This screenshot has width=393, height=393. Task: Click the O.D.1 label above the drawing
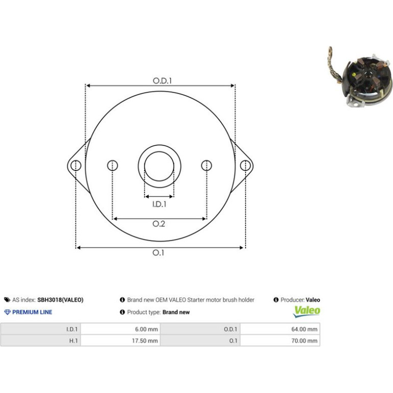(x=162, y=81)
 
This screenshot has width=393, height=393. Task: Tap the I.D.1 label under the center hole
(x=159, y=204)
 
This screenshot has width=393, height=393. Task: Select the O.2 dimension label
(x=159, y=224)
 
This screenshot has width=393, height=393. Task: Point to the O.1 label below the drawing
(x=158, y=253)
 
